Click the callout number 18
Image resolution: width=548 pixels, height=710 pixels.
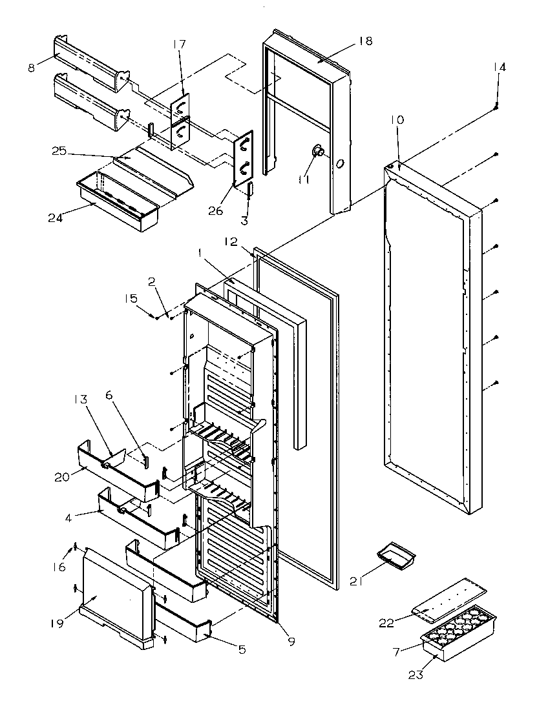click(x=365, y=41)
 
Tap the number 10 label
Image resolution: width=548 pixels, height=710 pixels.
click(x=397, y=120)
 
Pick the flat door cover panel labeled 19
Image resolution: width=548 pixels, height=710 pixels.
click(x=116, y=594)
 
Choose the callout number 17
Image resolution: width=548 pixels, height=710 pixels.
click(x=179, y=45)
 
